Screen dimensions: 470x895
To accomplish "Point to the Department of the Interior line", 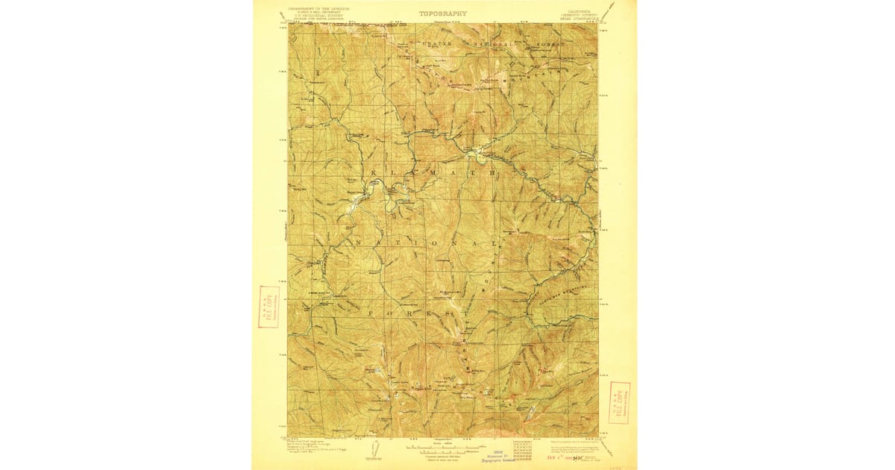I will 319,10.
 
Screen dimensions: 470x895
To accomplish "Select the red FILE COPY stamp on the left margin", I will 268,307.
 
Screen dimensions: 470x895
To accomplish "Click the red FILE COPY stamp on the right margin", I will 619,403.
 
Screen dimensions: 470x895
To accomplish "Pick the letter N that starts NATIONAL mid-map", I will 358,244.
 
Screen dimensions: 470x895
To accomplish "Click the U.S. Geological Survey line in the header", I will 319,16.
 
